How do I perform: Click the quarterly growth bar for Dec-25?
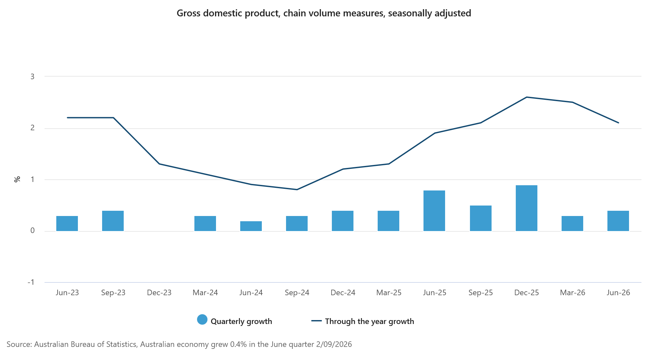point(526,208)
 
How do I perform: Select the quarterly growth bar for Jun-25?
point(434,211)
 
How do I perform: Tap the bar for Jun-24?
point(251,226)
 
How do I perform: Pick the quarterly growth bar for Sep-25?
point(480,218)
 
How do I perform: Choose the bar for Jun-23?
point(67,224)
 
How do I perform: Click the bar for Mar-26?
point(572,224)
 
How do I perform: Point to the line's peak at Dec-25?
point(527,97)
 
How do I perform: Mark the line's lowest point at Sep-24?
point(297,189)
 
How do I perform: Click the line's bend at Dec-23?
point(159,164)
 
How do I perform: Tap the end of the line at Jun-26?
point(618,123)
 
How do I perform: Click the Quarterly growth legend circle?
point(202,320)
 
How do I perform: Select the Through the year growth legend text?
point(369,321)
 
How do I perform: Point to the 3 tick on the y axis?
point(32,77)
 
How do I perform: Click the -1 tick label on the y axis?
point(31,282)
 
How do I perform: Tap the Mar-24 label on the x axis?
point(205,293)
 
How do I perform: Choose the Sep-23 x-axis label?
point(113,293)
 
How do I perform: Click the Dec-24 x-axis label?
point(343,293)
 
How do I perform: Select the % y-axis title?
point(17,179)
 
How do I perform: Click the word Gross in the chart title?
point(189,13)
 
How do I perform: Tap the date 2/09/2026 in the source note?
point(334,344)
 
